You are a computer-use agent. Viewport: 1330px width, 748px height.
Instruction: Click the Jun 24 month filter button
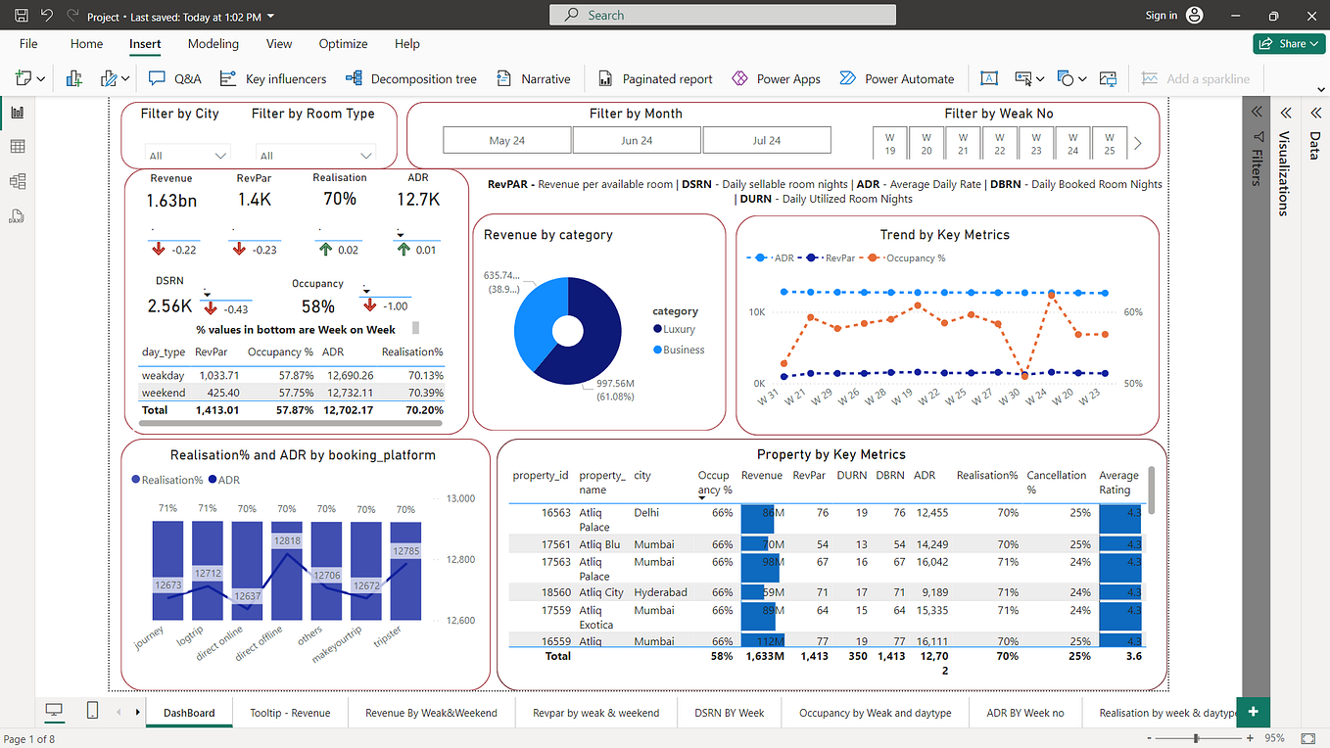coord(637,140)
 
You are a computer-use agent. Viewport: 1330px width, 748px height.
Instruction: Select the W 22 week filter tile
coord(1000,143)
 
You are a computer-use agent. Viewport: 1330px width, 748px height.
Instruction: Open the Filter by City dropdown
coord(187,155)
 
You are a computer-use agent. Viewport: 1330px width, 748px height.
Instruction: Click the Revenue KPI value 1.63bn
coord(170,200)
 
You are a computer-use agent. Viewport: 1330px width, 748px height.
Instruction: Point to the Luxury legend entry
coord(678,330)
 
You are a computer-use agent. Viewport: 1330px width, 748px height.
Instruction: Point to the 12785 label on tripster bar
coord(405,551)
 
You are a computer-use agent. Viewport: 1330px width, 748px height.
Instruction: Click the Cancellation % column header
coord(1056,482)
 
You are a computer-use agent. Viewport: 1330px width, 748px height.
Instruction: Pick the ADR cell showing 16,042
coord(930,562)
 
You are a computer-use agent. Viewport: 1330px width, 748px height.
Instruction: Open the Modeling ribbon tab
coord(214,44)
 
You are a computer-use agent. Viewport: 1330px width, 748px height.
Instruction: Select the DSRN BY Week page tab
coord(729,713)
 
